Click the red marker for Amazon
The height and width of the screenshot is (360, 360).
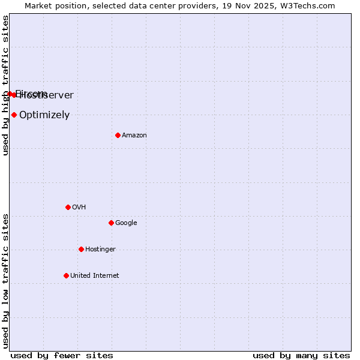pyautogui.click(x=118, y=135)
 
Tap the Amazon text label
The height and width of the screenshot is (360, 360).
pyautogui.click(x=134, y=136)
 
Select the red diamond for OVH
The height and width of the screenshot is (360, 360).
pyautogui.click(x=68, y=207)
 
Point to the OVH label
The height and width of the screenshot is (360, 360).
pyautogui.click(x=79, y=208)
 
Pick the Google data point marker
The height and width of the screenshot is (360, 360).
pyautogui.click(x=111, y=223)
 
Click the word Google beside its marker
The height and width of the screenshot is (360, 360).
pyautogui.click(x=126, y=223)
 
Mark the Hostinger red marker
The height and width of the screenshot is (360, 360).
pyautogui.click(x=81, y=249)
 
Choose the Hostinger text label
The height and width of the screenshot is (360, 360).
pyautogui.click(x=100, y=250)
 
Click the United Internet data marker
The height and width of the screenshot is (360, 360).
pyautogui.click(x=66, y=275)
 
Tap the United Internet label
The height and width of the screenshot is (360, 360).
pyautogui.click(x=95, y=276)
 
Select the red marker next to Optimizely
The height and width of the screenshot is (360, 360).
pyautogui.click(x=14, y=115)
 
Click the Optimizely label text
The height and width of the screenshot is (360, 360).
pyautogui.click(x=44, y=115)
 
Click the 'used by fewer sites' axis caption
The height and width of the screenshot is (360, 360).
pyautogui.click(x=62, y=355)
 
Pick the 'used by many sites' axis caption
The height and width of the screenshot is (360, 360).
pyautogui.click(x=301, y=355)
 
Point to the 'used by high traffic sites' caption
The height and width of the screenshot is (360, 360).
pyautogui.click(x=5, y=85)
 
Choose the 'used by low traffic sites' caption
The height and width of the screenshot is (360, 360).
pyautogui.click(x=5, y=280)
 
